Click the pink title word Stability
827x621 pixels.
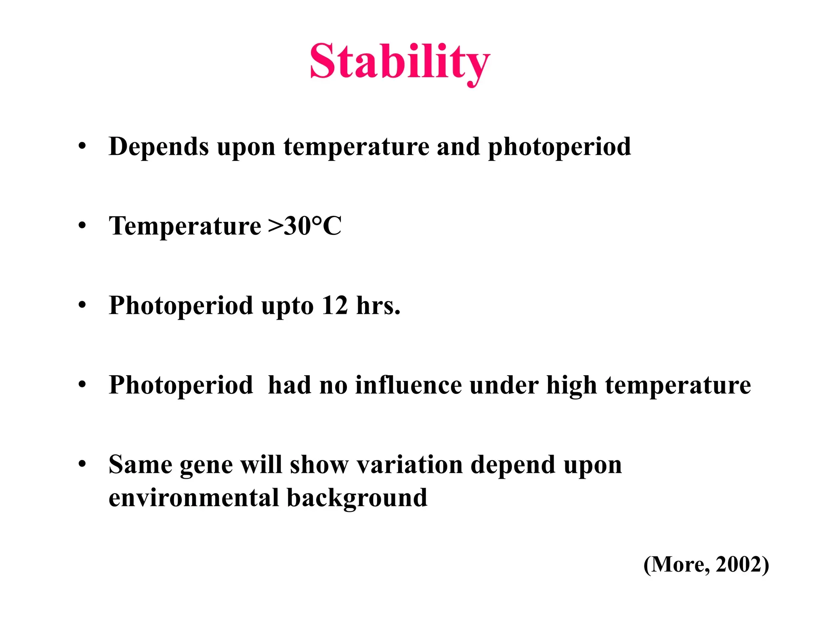[400, 63]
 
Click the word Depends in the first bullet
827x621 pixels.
[159, 147]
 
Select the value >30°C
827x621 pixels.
[305, 226]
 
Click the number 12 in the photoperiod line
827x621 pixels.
[335, 305]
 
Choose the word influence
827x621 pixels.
[408, 384]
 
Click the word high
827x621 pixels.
[571, 385]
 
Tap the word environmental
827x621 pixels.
[194, 498]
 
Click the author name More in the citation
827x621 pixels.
[680, 564]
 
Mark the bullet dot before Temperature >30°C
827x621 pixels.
[82, 225]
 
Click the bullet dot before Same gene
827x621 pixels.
[82, 464]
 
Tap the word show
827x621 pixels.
[319, 465]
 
